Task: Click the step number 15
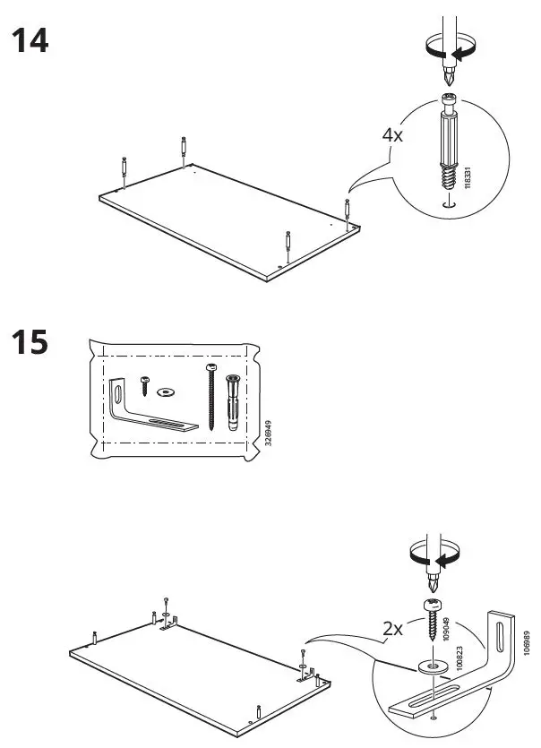pyautogui.click(x=29, y=343)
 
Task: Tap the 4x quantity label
pyautogui.click(x=393, y=135)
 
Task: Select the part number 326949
pyautogui.click(x=267, y=436)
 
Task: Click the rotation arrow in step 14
pyautogui.click(x=444, y=53)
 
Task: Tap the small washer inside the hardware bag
pyautogui.click(x=165, y=392)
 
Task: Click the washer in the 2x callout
pyautogui.click(x=433, y=666)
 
